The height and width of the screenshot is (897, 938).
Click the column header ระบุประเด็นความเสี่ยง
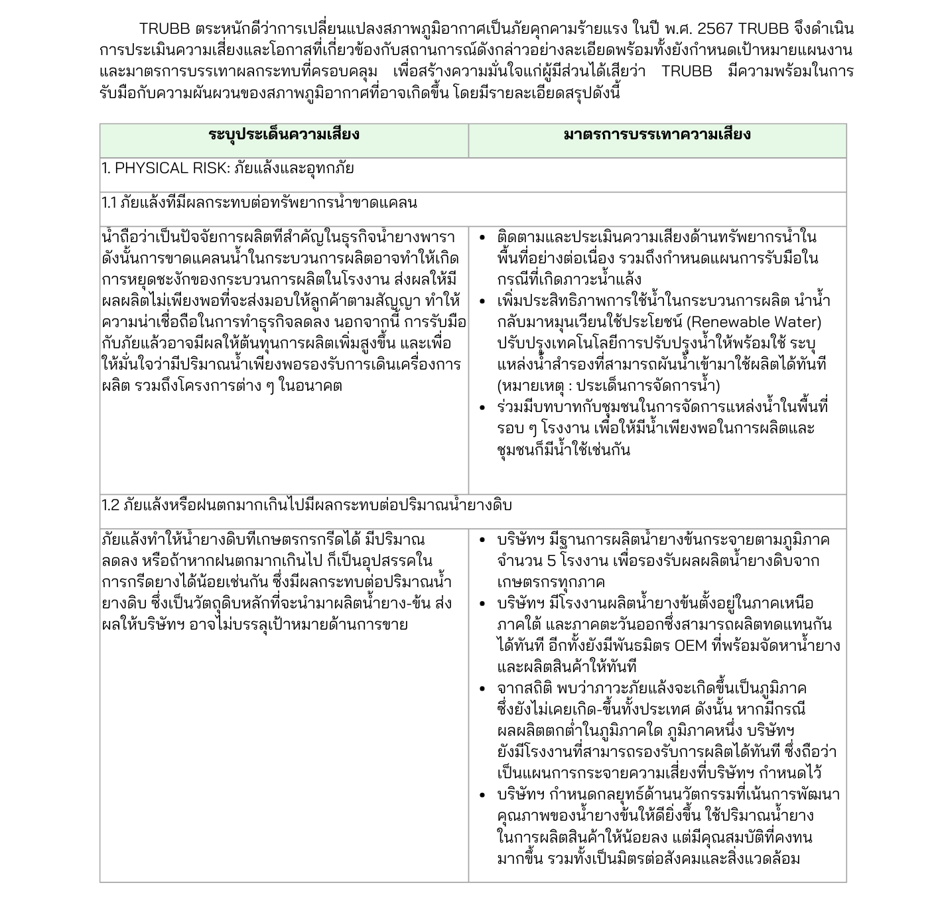click(x=284, y=135)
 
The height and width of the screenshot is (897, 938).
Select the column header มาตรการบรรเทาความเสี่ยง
click(x=657, y=135)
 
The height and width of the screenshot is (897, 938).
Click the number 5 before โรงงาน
click(x=551, y=561)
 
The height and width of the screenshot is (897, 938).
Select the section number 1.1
click(x=109, y=203)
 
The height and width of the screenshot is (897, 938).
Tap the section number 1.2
click(x=111, y=506)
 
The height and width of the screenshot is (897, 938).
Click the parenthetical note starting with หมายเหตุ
click(x=608, y=386)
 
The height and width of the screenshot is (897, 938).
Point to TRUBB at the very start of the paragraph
click(x=165, y=29)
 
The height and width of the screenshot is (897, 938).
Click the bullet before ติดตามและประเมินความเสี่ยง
click(x=482, y=238)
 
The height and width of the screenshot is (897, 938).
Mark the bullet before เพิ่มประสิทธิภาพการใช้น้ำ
click(x=482, y=301)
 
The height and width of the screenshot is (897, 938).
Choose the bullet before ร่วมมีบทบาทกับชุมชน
click(x=482, y=407)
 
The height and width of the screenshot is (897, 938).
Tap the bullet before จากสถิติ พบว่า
click(x=482, y=689)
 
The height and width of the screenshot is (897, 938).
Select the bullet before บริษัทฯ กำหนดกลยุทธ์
click(x=482, y=795)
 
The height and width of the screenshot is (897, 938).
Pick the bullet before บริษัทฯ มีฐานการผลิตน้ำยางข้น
click(x=482, y=540)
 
